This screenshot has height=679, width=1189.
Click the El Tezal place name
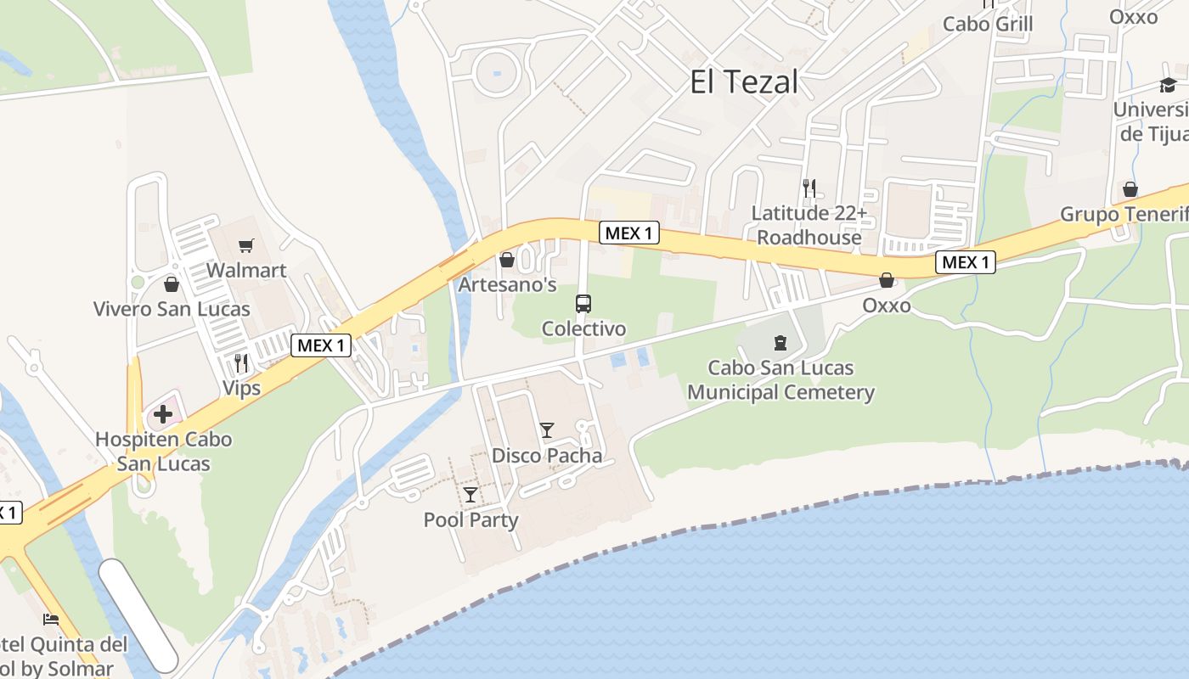(x=744, y=82)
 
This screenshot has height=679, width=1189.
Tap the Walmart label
(x=247, y=271)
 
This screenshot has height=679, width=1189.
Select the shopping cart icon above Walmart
(x=246, y=246)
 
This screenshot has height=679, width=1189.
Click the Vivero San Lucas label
(x=172, y=309)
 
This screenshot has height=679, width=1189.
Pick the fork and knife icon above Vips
(x=241, y=363)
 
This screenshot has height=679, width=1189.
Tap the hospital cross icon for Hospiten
(x=163, y=415)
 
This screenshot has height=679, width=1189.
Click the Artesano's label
(x=508, y=285)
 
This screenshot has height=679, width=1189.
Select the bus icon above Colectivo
(x=583, y=303)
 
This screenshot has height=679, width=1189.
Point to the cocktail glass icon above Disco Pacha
(x=547, y=430)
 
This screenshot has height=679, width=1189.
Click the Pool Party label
(x=471, y=519)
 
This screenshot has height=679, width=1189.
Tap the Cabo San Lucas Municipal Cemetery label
(x=780, y=380)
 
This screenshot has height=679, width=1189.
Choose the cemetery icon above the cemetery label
(x=780, y=343)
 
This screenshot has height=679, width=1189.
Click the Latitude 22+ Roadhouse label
(x=809, y=225)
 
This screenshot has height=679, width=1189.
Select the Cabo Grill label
(x=988, y=24)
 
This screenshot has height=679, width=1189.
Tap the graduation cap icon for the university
(x=1168, y=85)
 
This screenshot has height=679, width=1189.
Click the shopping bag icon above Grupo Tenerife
(x=1130, y=189)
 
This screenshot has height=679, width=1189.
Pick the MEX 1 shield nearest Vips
(x=321, y=345)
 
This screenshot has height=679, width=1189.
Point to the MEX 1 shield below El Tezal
(x=629, y=233)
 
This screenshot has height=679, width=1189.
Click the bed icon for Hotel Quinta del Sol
(x=51, y=619)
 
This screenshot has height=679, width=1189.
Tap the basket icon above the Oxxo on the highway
(x=887, y=280)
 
